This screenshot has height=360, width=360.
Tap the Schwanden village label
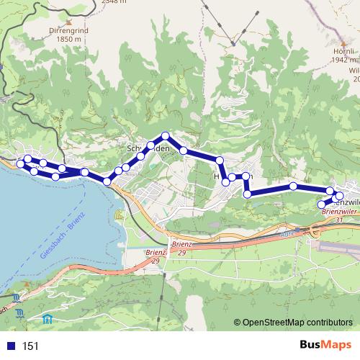pos(148,148)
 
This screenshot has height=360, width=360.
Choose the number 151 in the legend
pos(31,346)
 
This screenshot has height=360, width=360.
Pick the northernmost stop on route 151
pos(166,135)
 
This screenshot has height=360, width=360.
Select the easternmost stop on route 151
pos(339,196)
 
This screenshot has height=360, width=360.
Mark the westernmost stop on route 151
pos(20,163)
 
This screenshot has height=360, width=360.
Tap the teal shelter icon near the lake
pos(48,318)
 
